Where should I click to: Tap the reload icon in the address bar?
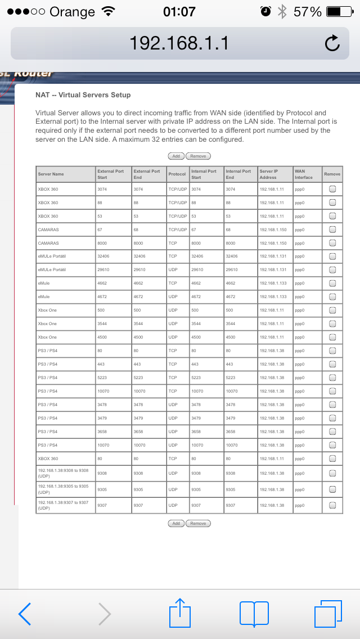point(332,43)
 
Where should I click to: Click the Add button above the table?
point(176,156)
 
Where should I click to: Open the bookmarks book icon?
point(254,613)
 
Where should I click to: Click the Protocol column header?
point(177,174)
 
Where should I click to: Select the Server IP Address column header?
point(268,174)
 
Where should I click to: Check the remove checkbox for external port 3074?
point(332,189)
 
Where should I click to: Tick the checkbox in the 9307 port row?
point(332,505)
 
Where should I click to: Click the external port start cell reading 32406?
point(105,256)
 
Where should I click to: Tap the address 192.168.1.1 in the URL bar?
point(179,43)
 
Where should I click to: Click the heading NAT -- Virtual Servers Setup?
point(83,95)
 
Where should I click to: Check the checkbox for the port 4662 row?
point(332,283)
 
